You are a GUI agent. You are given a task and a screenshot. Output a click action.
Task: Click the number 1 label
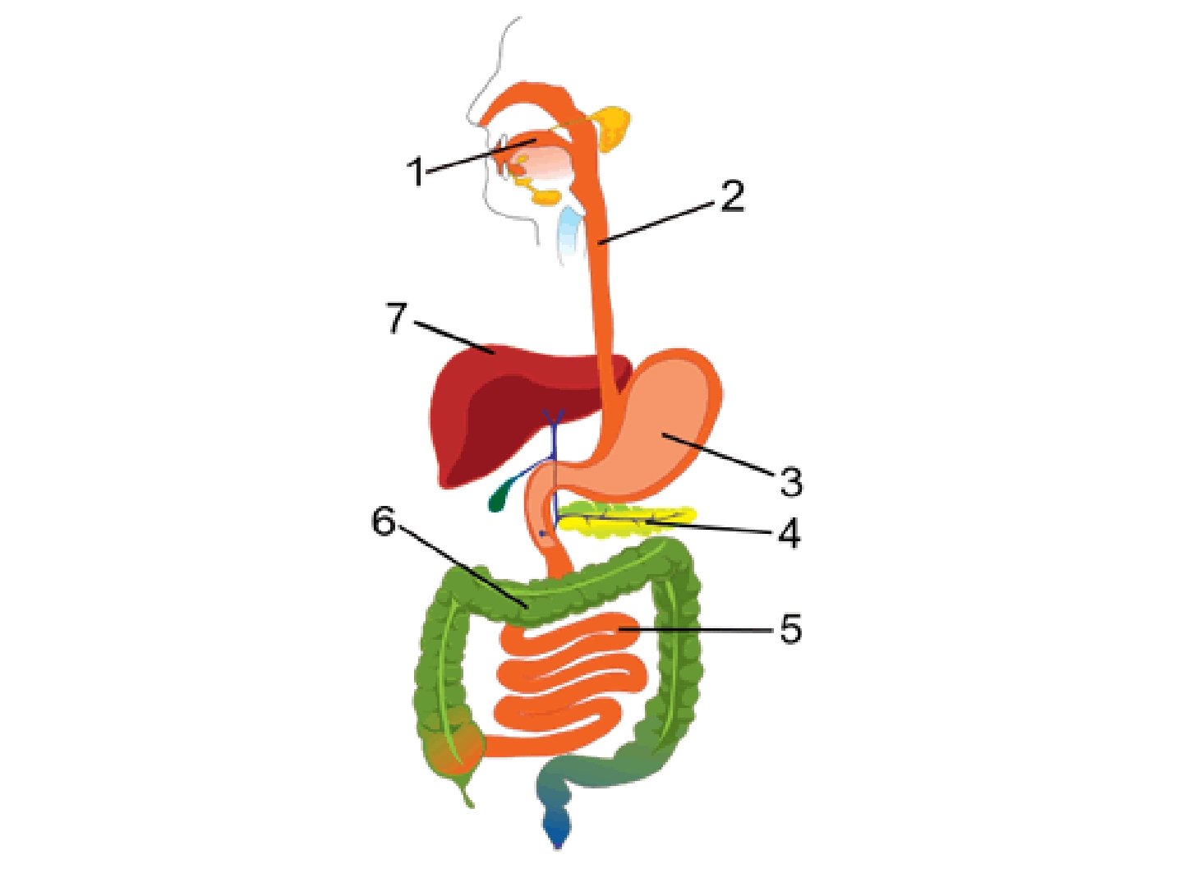(x=417, y=172)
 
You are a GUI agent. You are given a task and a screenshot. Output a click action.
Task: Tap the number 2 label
(x=732, y=197)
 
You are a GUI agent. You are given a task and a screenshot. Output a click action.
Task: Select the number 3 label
(x=790, y=482)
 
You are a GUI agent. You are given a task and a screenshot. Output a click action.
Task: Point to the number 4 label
(x=789, y=534)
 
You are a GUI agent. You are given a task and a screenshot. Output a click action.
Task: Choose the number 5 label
(x=790, y=630)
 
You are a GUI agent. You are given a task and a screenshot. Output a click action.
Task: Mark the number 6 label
(x=384, y=522)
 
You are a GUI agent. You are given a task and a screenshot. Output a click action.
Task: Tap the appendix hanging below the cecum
(x=465, y=793)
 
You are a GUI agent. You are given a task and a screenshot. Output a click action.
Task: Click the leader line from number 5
(x=698, y=630)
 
